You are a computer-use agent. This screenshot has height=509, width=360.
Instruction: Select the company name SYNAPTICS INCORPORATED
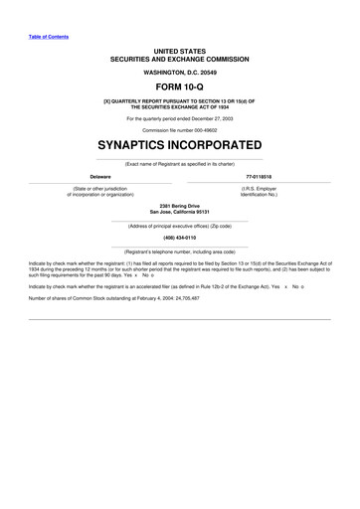179,145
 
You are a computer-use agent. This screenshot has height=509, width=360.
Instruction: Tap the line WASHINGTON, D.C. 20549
179,72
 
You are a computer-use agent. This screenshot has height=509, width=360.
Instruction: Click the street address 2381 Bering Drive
179,206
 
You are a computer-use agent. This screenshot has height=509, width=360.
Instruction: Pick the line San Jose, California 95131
179,212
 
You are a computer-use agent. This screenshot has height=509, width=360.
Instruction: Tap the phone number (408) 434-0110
179,238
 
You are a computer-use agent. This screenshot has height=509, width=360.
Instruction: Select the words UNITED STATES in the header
179,49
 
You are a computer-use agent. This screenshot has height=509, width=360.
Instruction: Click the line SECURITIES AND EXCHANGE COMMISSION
179,59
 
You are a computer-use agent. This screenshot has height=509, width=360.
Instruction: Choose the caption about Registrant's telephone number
179,253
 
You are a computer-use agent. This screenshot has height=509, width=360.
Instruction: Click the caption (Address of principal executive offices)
179,225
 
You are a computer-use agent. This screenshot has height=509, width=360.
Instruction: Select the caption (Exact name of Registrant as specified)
179,162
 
